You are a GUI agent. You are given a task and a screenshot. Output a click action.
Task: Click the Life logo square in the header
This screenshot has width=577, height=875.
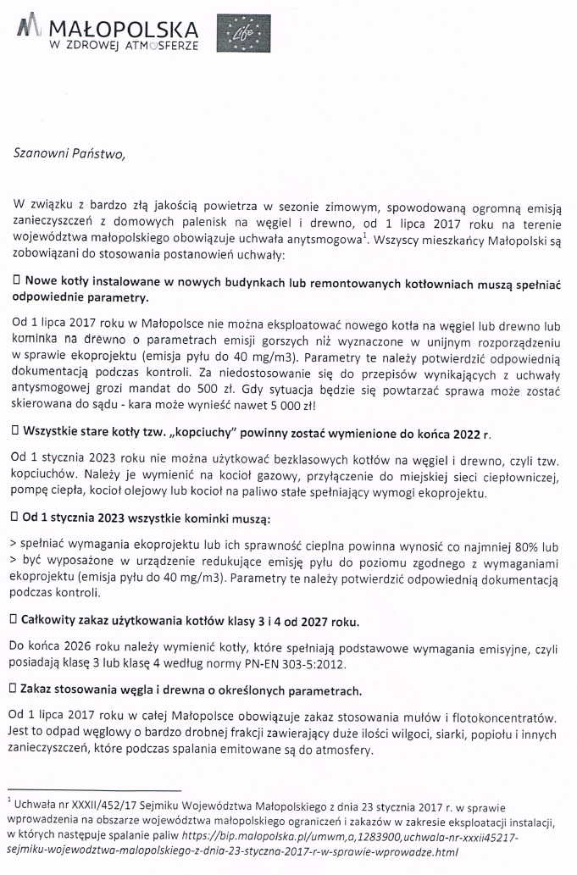click(236, 35)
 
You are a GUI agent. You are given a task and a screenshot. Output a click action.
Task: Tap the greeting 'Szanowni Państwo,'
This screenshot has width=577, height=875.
click(69, 153)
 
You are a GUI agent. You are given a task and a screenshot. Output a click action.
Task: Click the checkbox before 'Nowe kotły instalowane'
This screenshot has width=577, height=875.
click(16, 280)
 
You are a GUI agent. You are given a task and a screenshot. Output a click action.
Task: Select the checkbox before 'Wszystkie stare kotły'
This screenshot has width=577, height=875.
click(16, 432)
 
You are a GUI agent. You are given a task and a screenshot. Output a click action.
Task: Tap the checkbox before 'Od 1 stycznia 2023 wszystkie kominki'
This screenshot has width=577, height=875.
click(16, 515)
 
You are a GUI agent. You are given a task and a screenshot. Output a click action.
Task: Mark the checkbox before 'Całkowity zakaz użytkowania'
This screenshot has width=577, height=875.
click(16, 621)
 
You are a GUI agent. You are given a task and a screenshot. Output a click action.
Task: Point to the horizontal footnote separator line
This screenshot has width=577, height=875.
click(93, 789)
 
